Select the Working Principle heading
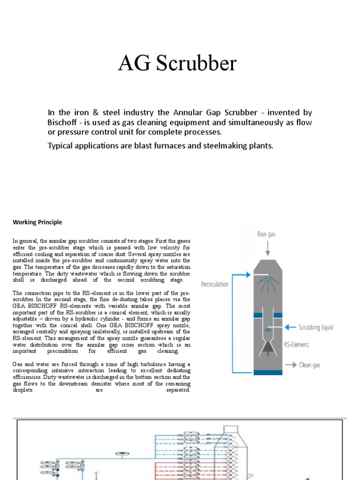pos(37,222)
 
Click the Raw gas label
pos(266,234)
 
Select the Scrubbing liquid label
pos(316,327)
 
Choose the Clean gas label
pos(310,365)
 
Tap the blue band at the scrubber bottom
pos(268,372)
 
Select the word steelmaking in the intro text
pos(220,146)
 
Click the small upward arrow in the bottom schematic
pos(96,475)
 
